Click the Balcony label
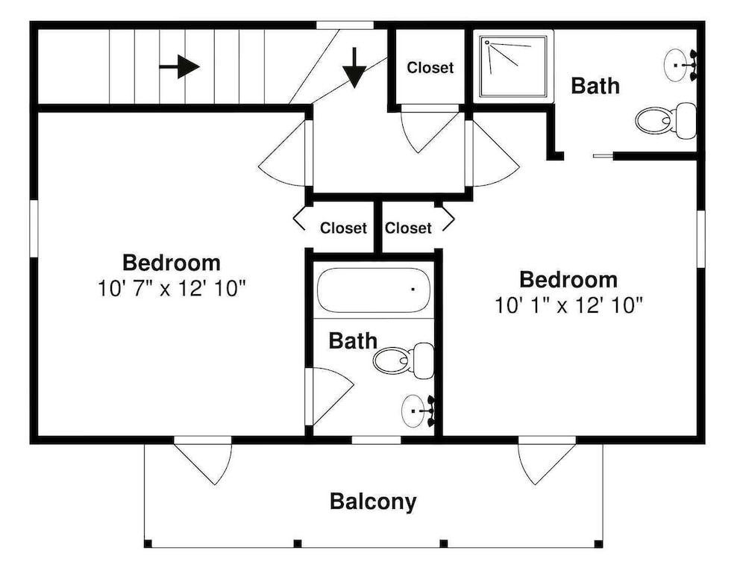tap(373, 502)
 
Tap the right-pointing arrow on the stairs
tap(179, 66)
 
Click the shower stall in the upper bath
tap(513, 66)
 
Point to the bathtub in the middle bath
tap(374, 290)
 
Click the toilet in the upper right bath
tap(665, 121)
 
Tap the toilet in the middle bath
tap(404, 360)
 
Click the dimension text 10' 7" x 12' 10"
tap(172, 288)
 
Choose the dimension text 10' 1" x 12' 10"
tap(569, 305)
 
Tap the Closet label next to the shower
tap(430, 68)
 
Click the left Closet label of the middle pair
tap(343, 228)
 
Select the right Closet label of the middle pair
tap(408, 228)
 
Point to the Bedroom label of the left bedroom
tap(172, 263)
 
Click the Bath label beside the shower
tap(595, 86)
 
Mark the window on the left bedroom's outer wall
tap(34, 228)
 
